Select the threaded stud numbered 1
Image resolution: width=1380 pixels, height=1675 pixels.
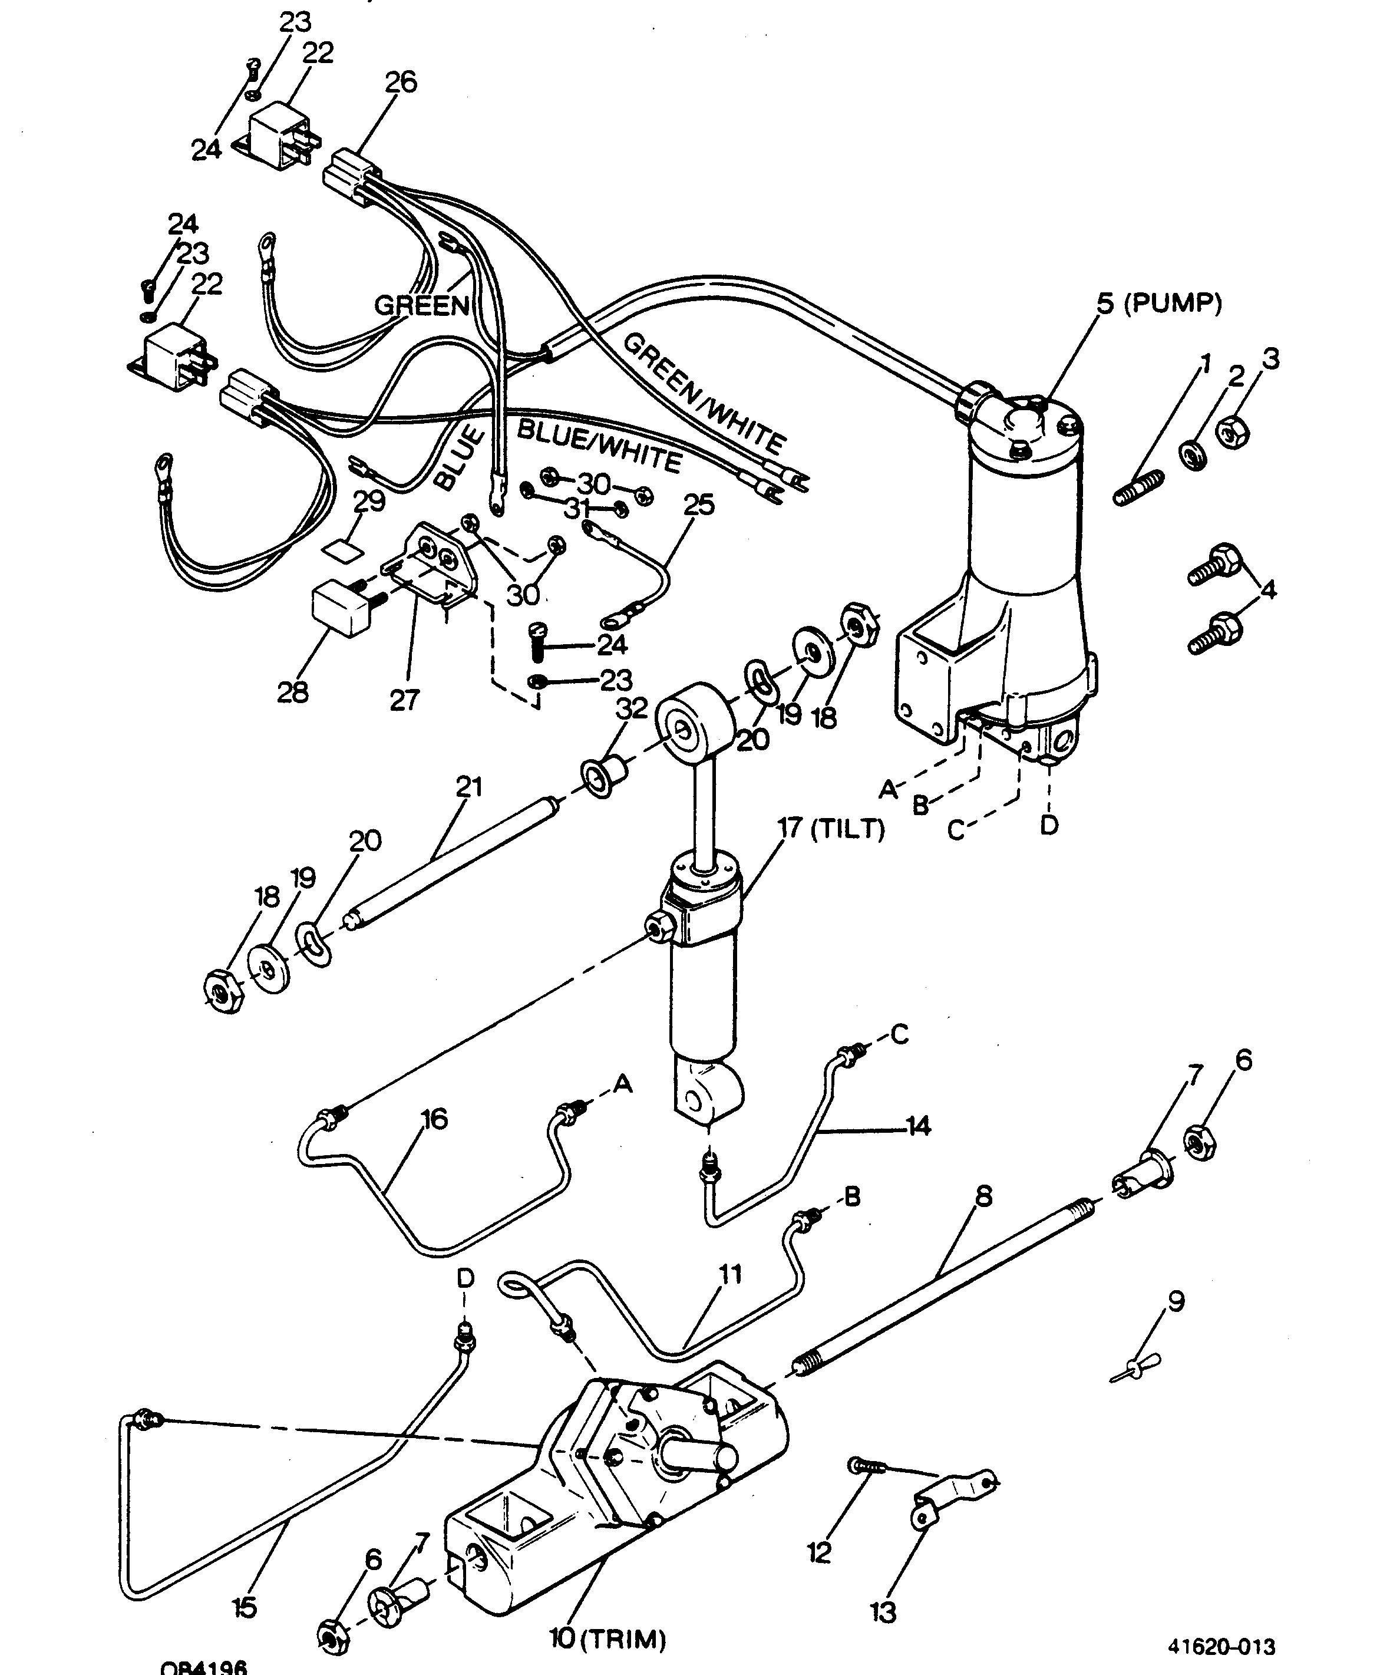tap(1138, 486)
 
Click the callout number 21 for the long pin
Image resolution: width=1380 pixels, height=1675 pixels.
tap(469, 786)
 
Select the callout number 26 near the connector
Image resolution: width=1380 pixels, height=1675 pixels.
tap(401, 82)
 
